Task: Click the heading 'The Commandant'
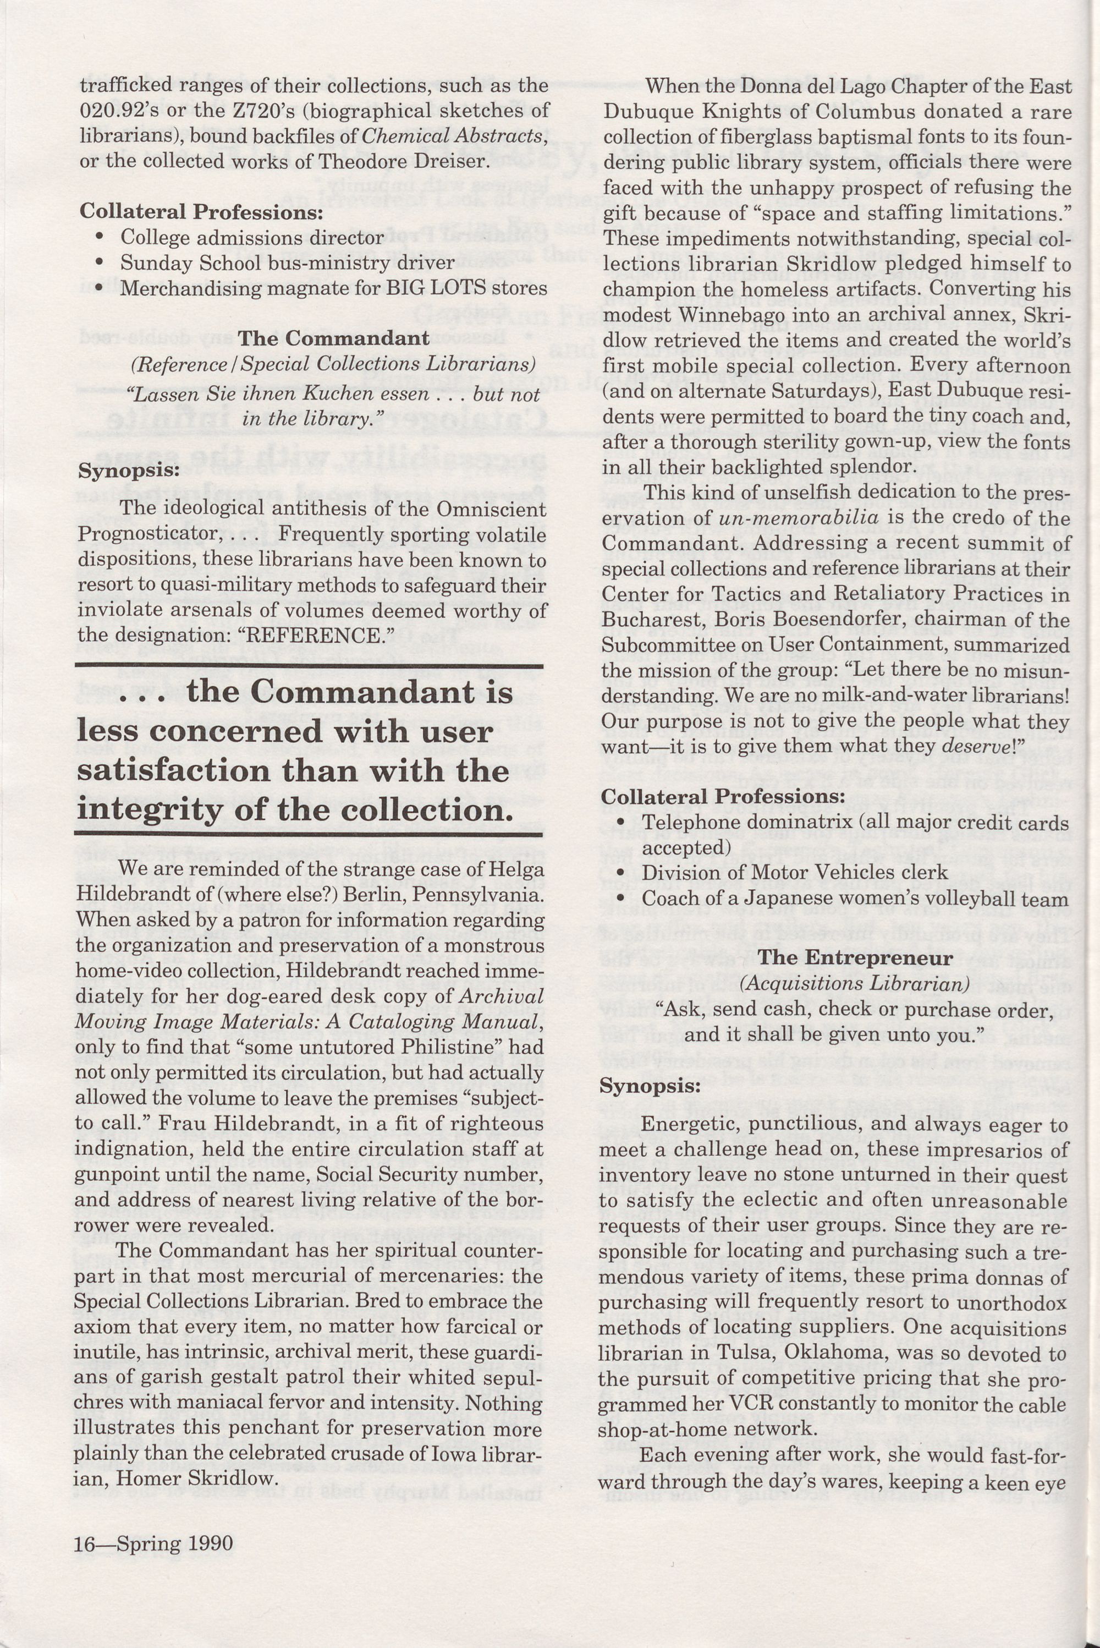(333, 338)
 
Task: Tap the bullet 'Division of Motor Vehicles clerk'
(794, 873)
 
